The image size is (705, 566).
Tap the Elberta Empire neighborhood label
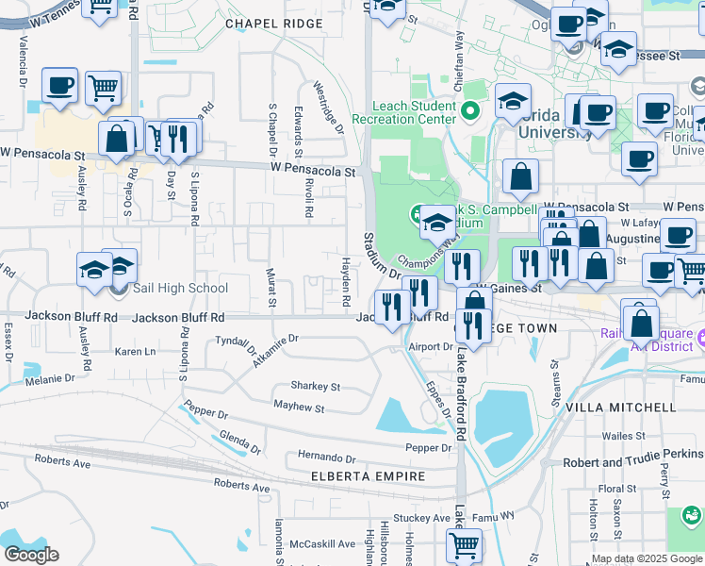click(x=369, y=476)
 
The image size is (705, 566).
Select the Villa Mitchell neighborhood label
click(x=620, y=408)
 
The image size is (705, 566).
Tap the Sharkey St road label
click(x=315, y=386)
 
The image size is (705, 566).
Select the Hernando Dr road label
click(x=324, y=456)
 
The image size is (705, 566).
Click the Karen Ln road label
click(x=135, y=352)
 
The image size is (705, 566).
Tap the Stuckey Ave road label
click(x=421, y=518)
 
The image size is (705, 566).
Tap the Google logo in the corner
click(x=30, y=555)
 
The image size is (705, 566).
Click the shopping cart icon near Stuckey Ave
click(x=464, y=544)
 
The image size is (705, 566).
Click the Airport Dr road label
click(x=431, y=346)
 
